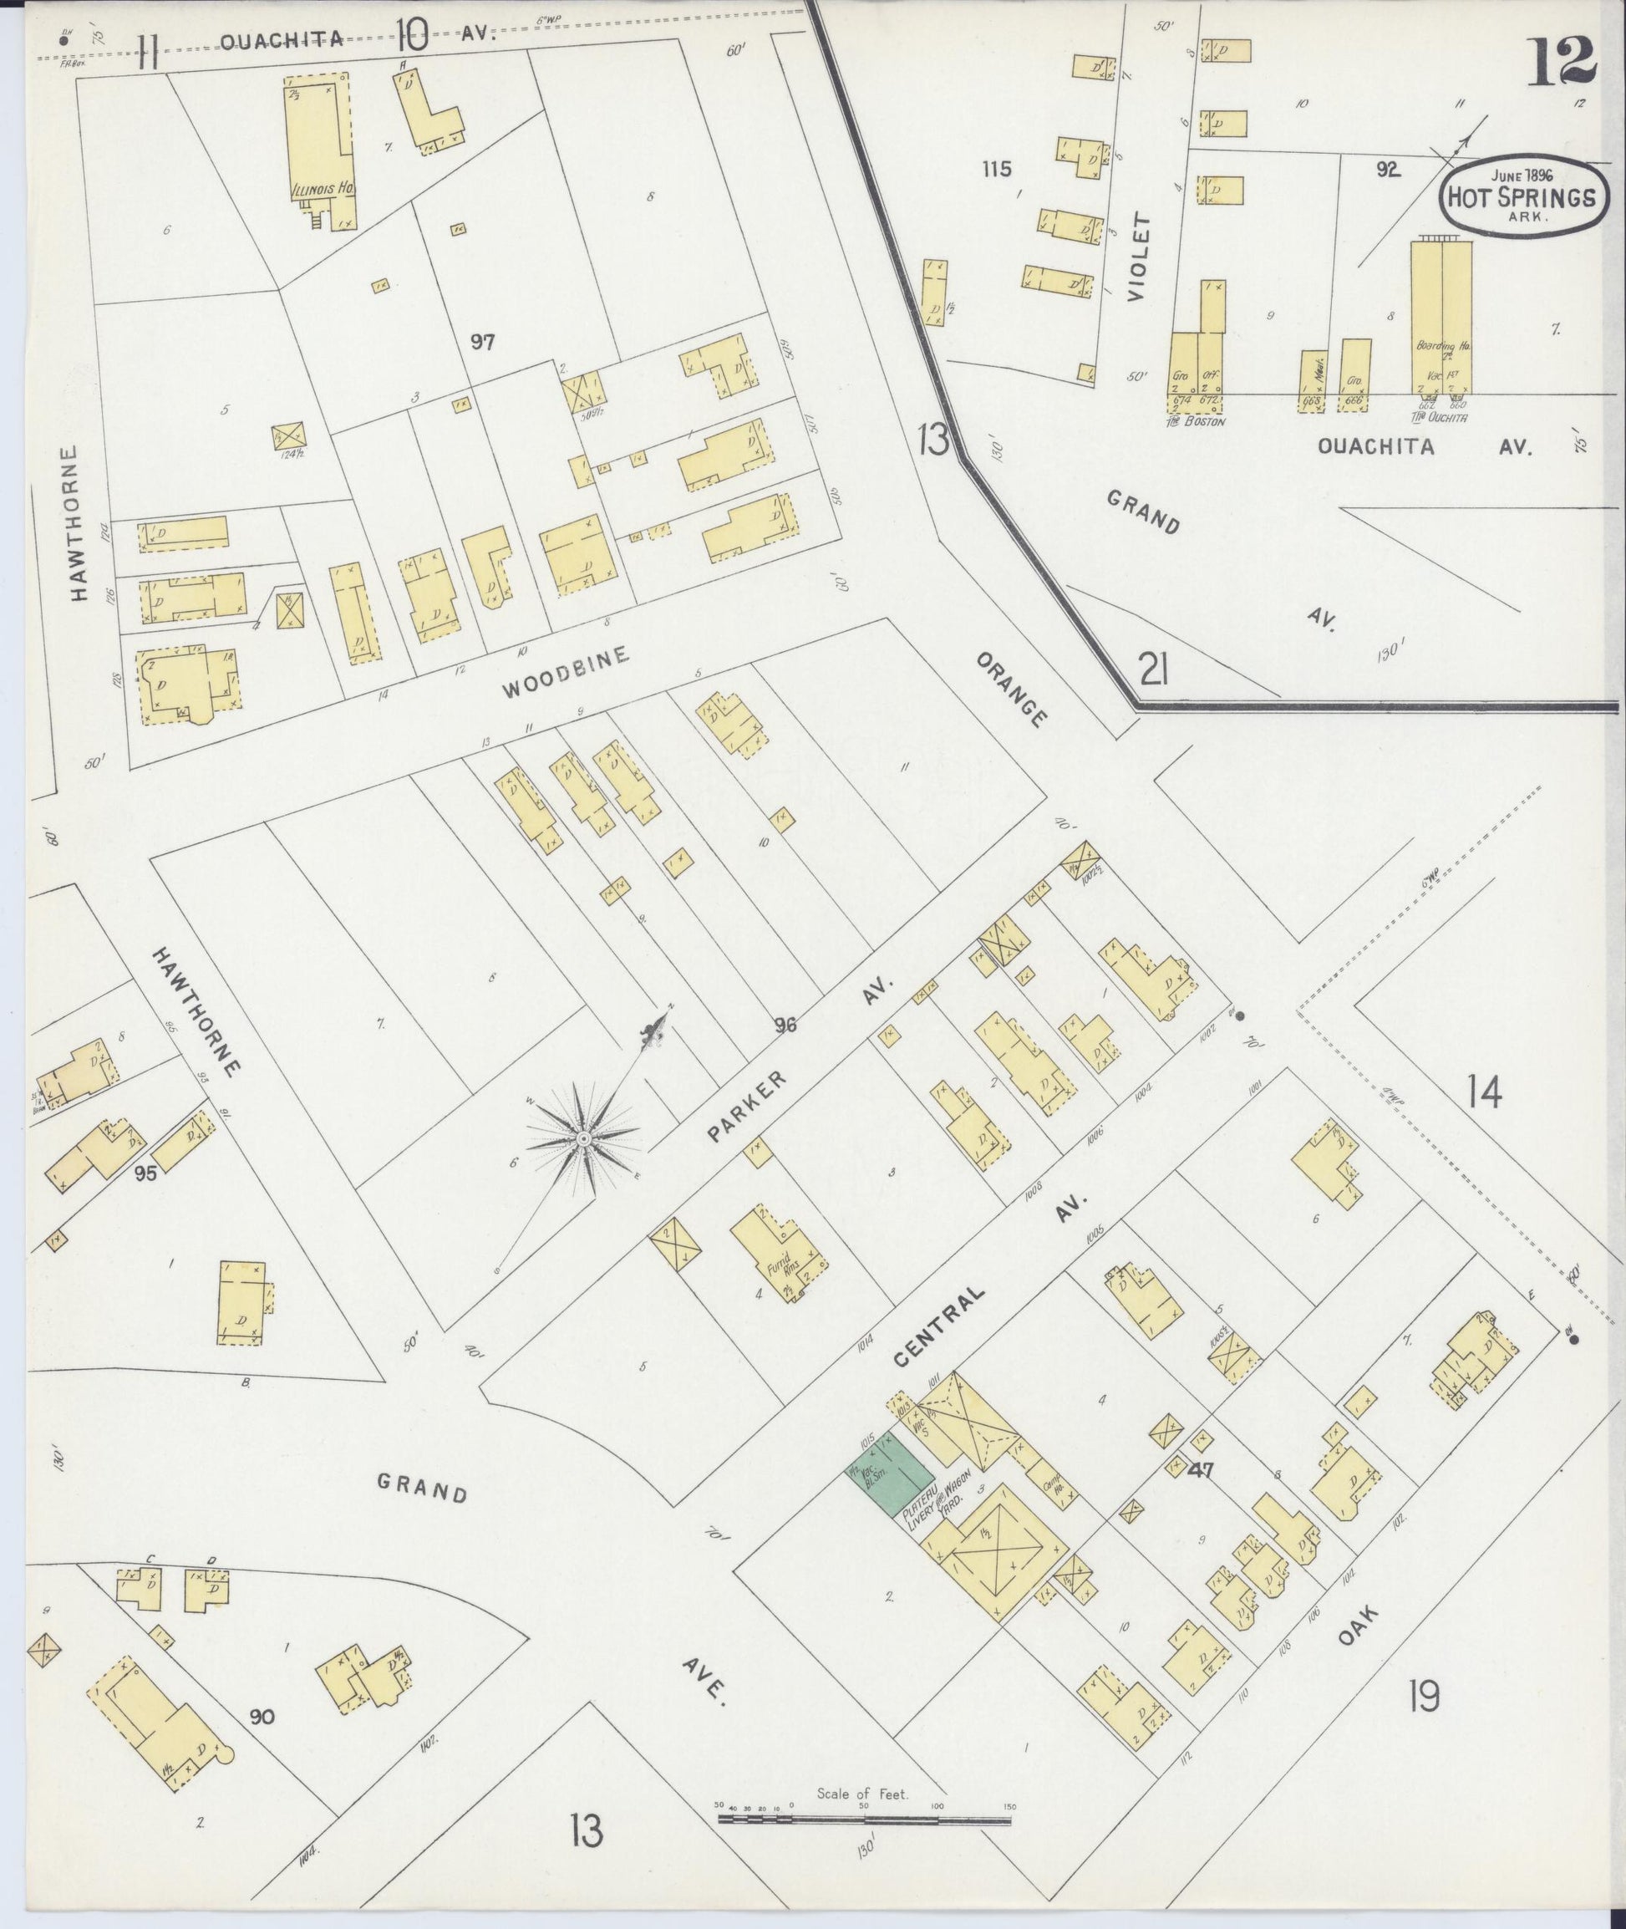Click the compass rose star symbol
coord(582,1142)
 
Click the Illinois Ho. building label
coord(323,189)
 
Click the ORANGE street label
coord(1011,690)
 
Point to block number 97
coord(482,342)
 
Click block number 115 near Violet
coord(997,169)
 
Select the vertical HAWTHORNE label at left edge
coord(79,523)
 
